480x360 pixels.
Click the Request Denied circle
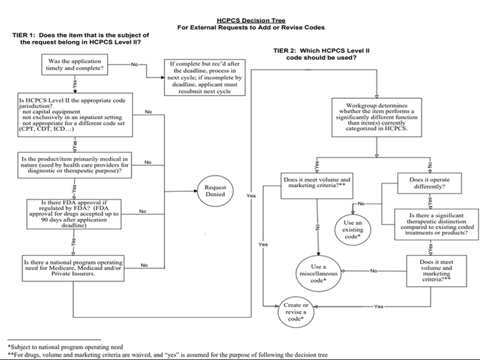(x=216, y=191)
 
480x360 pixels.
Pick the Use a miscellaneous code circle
(x=319, y=271)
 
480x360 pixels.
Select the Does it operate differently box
(x=427, y=183)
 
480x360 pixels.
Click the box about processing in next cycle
(x=205, y=77)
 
